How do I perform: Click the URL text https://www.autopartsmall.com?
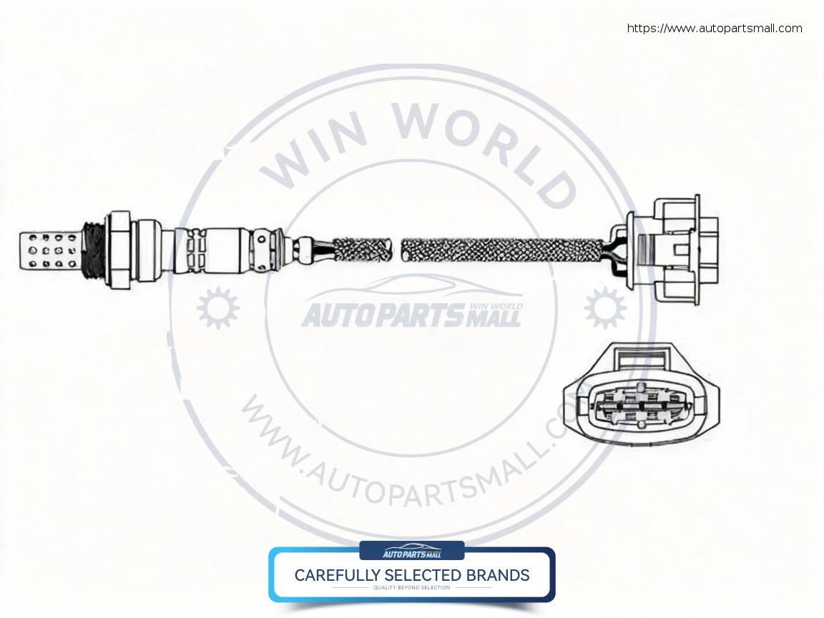(715, 29)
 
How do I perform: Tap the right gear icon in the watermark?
(604, 308)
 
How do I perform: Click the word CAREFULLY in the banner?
(338, 575)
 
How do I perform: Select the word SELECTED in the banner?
(426, 575)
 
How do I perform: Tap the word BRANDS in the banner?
(499, 575)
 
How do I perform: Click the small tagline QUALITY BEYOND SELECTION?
(411, 588)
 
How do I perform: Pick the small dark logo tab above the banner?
(411, 551)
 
